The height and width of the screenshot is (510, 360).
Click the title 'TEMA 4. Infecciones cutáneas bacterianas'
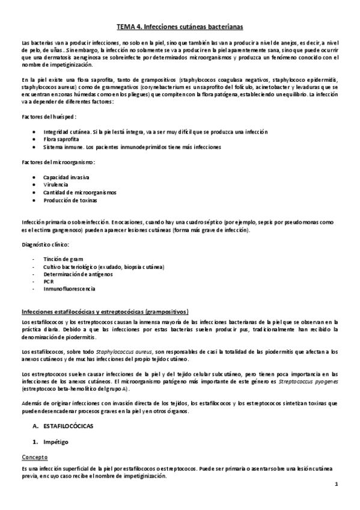(180, 26)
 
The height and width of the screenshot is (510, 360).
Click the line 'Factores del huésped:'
(48, 116)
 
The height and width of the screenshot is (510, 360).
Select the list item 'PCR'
(48, 281)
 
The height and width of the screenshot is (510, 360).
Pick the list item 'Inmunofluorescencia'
(69, 289)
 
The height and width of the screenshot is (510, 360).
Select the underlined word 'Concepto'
(34, 456)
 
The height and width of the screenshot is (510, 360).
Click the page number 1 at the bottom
(337, 484)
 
